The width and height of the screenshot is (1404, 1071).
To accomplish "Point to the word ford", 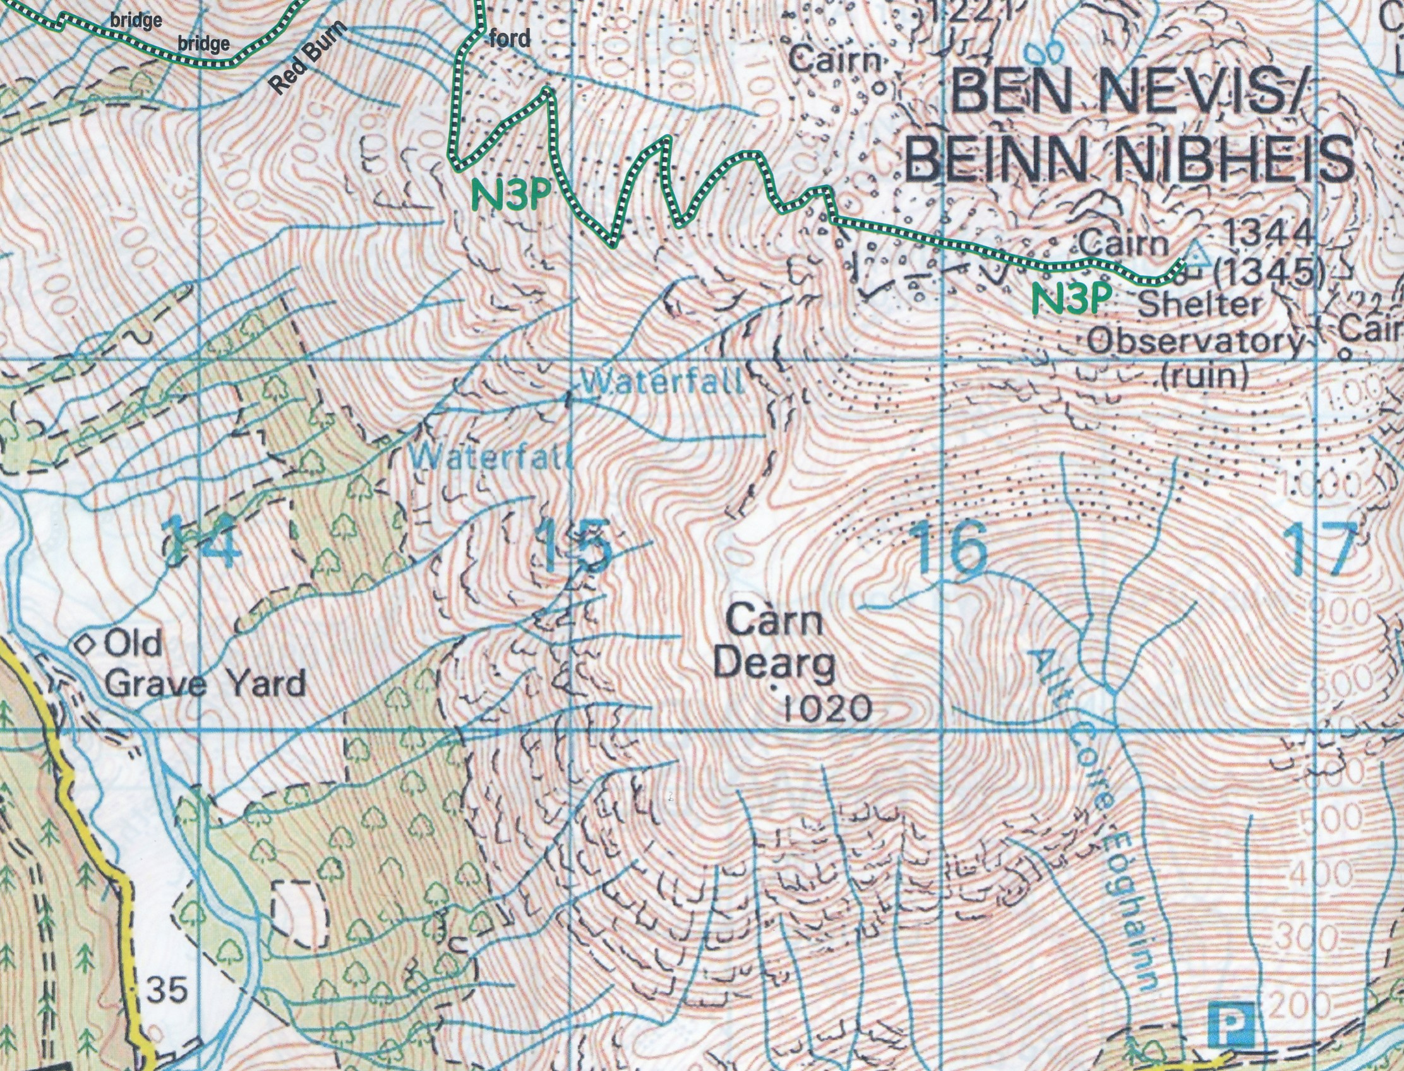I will (x=510, y=40).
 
